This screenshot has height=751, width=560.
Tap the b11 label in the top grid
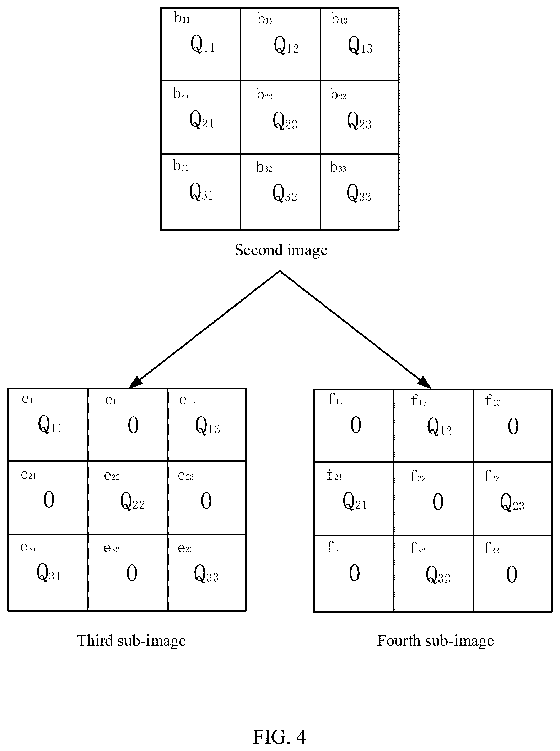[182, 18]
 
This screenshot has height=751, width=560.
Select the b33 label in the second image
[338, 167]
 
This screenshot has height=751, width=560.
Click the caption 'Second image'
[281, 250]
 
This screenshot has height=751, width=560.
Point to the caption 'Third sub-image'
[131, 641]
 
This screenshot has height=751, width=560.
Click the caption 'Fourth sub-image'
[435, 641]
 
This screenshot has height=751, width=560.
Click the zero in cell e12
[133, 425]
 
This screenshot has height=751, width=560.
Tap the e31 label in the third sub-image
[28, 547]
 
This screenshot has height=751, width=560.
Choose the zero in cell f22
[438, 502]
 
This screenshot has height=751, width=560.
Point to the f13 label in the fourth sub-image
[493, 400]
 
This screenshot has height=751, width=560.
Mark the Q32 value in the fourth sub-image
[438, 575]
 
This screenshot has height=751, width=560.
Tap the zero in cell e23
[206, 501]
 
